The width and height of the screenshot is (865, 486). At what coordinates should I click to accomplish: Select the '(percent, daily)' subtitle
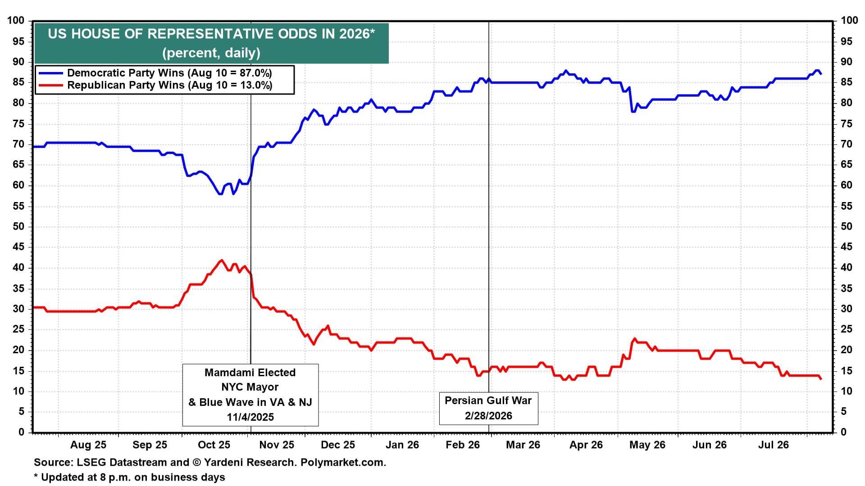(211, 53)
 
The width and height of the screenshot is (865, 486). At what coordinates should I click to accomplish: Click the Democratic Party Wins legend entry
(155, 73)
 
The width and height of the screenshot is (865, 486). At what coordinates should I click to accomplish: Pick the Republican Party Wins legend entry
(155, 85)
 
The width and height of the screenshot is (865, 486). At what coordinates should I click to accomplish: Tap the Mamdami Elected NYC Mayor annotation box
(250, 395)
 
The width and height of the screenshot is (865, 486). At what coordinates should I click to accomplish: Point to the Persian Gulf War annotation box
(489, 408)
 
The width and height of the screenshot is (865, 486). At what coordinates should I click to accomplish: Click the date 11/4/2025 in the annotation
(250, 417)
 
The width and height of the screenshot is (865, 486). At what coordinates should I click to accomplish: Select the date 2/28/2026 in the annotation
(489, 416)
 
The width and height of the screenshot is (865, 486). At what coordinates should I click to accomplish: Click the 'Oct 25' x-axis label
(214, 445)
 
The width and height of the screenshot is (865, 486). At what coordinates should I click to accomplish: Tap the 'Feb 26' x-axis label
(463, 445)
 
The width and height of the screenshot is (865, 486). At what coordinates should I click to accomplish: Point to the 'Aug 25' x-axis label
(88, 445)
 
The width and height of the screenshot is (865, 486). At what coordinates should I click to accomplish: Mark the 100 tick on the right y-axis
(849, 21)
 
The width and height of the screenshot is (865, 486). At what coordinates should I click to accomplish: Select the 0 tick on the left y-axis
(21, 432)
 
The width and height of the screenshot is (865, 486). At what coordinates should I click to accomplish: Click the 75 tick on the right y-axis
(847, 124)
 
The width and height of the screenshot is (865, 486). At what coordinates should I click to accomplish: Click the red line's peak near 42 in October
(221, 260)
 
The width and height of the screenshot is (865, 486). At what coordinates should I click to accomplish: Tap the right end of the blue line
(821, 74)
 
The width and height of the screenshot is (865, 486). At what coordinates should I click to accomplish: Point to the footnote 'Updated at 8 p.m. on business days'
(133, 477)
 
